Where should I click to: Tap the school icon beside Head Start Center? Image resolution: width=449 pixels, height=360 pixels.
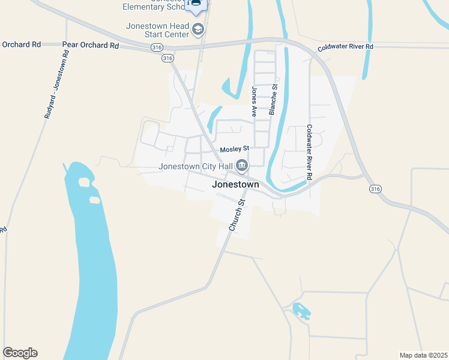click(198, 28)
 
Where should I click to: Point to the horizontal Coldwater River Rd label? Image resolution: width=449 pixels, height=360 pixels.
click(346, 46)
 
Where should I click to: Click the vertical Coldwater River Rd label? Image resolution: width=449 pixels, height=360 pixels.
click(310, 152)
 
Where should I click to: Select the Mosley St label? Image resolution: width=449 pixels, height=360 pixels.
click(234, 148)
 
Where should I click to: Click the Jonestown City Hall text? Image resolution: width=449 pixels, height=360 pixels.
click(195, 167)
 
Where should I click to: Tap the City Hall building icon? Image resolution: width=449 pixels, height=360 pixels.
click(241, 164)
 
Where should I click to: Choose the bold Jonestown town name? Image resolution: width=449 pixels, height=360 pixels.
click(236, 185)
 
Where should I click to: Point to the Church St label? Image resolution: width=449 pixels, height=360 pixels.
click(237, 214)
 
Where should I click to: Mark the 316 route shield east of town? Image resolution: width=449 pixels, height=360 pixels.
click(375, 188)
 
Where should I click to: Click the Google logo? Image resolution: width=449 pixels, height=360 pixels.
click(20, 353)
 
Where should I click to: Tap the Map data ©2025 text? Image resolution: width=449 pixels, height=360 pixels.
click(423, 355)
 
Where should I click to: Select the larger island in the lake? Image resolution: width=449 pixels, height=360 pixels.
click(85, 181)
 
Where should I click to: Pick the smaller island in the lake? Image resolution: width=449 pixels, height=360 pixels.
click(94, 199)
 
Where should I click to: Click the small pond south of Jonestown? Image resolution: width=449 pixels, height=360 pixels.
click(301, 311)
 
